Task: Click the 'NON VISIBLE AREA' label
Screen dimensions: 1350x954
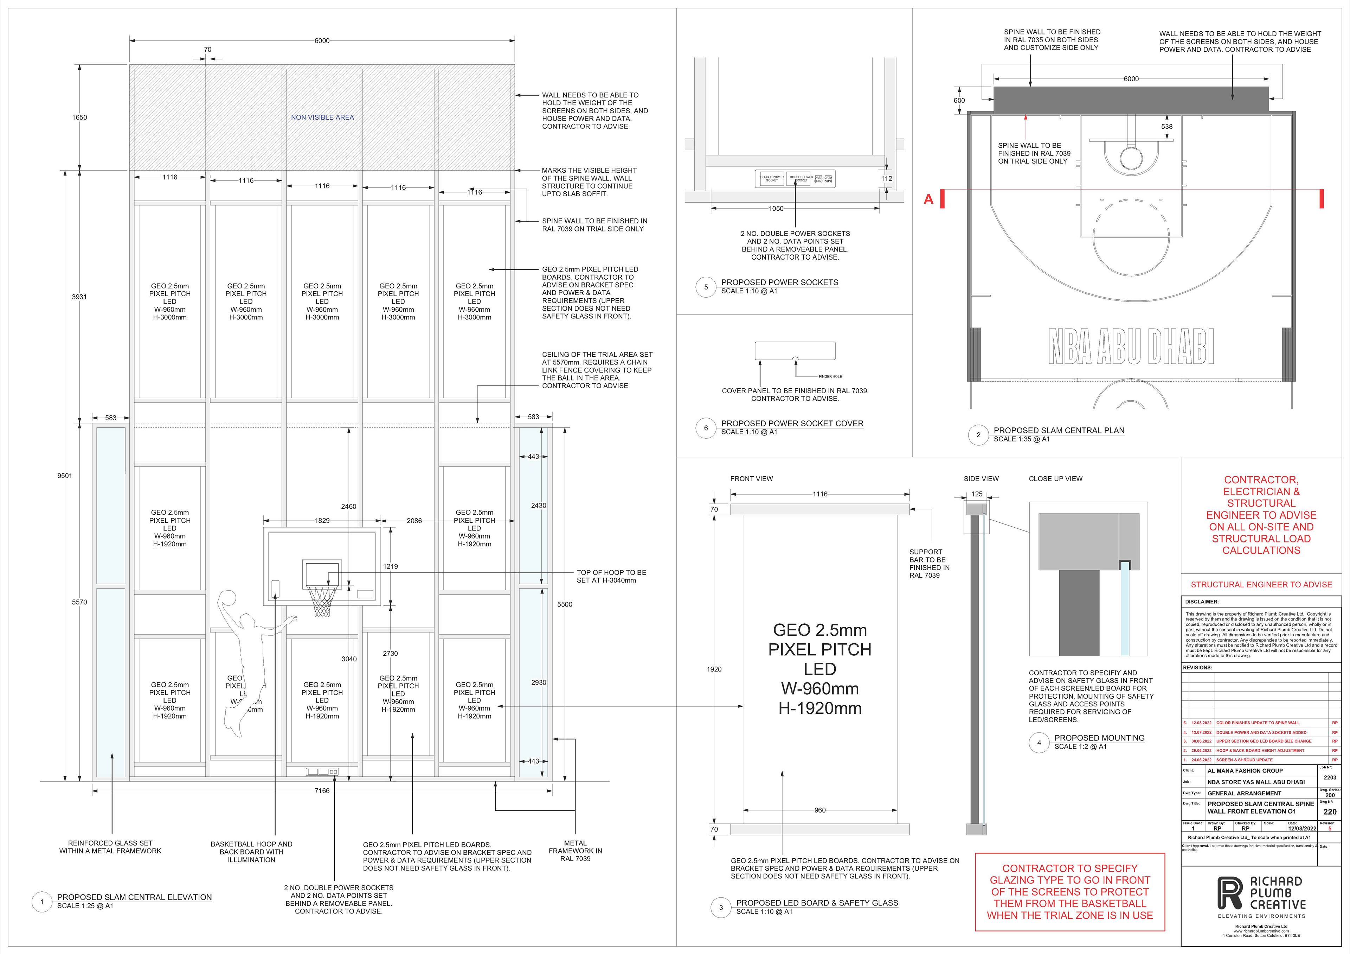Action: pos(322,117)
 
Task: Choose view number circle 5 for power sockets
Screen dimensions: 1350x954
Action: pos(706,287)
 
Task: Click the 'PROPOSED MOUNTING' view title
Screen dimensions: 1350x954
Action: pos(1099,738)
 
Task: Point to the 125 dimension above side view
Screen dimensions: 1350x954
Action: pos(977,494)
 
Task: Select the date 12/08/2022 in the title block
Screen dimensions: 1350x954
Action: pos(1302,828)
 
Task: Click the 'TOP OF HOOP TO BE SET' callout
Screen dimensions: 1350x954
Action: pos(611,576)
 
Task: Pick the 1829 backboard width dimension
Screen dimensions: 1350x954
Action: pos(322,521)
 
